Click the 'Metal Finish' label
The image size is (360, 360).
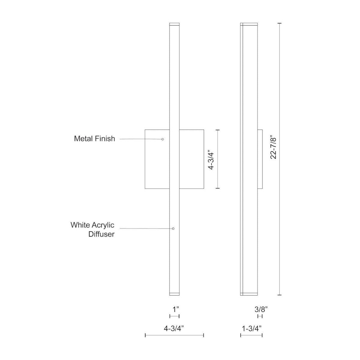94,139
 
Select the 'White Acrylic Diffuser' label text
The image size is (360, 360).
92,229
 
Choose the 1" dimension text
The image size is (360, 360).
174,308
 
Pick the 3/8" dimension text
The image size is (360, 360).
259,308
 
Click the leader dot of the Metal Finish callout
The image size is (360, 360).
163,139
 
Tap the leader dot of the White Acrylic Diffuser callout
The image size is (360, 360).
173,229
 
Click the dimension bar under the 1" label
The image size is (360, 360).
174,316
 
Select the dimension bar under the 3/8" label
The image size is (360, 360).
260,316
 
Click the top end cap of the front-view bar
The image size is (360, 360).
174,24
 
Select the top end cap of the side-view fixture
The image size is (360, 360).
249,24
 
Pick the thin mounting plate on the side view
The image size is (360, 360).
260,159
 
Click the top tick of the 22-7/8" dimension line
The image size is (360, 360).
280,23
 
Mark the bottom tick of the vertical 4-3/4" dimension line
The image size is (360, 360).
218,188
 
